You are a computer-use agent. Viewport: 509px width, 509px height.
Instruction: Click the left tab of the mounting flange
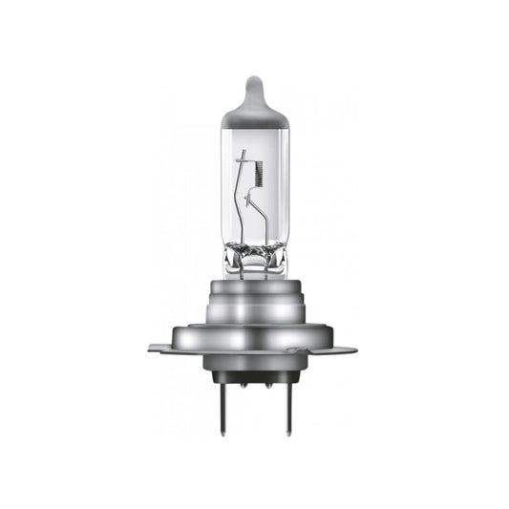coord(160,348)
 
